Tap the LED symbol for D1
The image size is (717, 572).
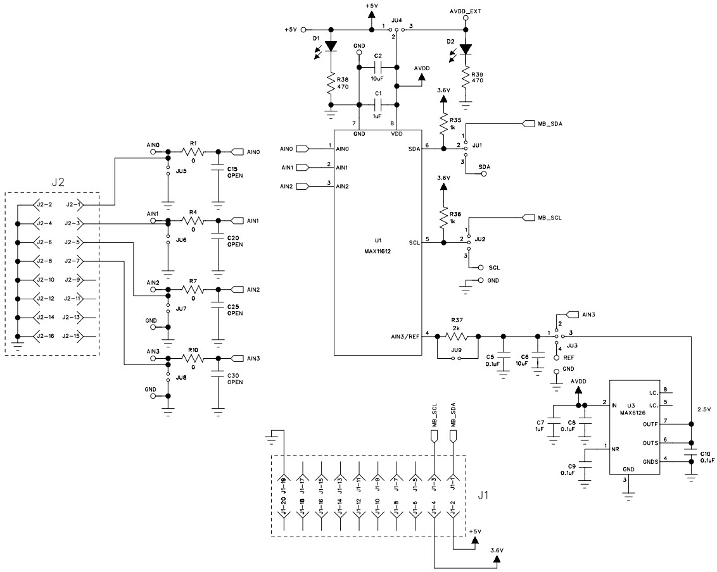(331, 46)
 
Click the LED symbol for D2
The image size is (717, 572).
(466, 49)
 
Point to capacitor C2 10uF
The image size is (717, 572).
(378, 68)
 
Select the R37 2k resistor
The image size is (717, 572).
(455, 337)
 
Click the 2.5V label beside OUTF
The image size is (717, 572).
(704, 409)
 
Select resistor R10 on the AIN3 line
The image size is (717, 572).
(193, 358)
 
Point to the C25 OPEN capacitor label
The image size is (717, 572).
(235, 309)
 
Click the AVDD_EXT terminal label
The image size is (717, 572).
(466, 11)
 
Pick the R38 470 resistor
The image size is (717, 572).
(331, 82)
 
